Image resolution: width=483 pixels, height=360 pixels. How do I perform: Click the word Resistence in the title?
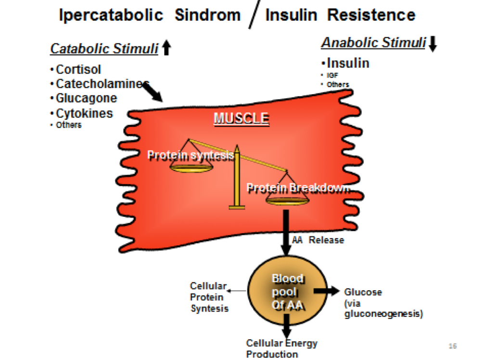(x=371, y=15)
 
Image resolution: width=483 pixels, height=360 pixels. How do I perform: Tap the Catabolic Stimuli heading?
(x=104, y=49)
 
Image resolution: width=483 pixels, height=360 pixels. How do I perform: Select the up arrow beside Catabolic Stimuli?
(x=166, y=48)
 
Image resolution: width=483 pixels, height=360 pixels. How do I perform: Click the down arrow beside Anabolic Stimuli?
(x=432, y=44)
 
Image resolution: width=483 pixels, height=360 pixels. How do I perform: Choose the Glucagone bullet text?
(x=86, y=99)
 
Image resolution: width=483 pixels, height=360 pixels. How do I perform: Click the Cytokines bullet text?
(x=84, y=113)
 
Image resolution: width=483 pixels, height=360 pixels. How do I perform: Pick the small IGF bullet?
(x=332, y=75)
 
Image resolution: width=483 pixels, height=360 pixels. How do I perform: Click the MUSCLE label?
(x=241, y=118)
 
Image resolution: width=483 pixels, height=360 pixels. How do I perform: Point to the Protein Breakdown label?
(x=298, y=188)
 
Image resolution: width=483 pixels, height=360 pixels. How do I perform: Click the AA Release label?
(x=318, y=239)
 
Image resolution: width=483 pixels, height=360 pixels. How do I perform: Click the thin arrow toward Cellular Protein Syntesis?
(x=237, y=291)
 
